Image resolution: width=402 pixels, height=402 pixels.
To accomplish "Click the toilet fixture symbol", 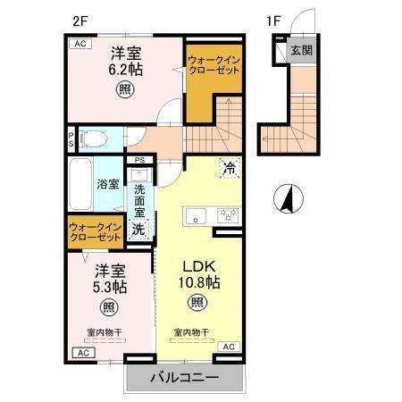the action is (93, 139).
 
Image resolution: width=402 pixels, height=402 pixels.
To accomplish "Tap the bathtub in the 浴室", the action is (80, 184).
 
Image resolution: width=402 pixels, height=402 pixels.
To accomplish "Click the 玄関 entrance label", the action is (301, 50).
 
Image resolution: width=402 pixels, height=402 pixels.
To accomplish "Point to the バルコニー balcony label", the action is (184, 378).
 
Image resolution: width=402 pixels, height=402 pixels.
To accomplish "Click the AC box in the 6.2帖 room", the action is (80, 44).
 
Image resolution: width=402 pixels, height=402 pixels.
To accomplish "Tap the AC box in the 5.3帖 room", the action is (84, 353).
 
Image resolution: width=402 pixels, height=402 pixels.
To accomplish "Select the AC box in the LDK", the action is (229, 347).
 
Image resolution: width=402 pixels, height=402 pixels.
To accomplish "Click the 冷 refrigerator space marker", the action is (230, 168).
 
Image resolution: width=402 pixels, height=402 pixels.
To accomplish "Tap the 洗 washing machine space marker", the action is (138, 229).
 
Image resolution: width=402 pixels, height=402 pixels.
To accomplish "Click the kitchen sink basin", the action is (196, 215).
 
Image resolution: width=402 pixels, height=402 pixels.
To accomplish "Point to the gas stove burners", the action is (228, 215).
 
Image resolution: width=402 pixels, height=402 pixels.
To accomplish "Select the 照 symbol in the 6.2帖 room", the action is (125, 89).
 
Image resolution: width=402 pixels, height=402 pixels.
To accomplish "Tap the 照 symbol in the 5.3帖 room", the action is (109, 307).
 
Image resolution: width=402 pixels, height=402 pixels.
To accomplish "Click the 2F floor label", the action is (80, 21).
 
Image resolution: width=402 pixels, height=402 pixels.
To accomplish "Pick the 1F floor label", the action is (273, 21).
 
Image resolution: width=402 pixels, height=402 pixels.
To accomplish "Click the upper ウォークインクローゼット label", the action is (214, 65).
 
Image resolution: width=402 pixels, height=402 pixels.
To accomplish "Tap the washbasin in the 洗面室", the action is (139, 174).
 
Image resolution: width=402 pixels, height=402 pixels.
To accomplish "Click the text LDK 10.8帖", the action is (199, 274).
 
